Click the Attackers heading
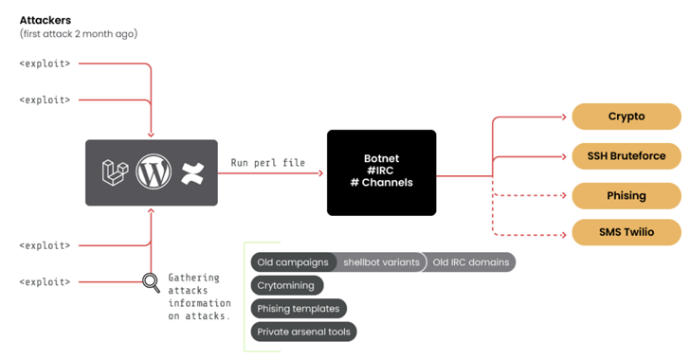point(46,18)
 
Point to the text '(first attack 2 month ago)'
point(79,34)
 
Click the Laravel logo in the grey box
point(115,172)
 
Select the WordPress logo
point(152,172)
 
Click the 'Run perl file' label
point(268,163)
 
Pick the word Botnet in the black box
point(382,158)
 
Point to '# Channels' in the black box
point(382,183)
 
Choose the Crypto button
point(626,117)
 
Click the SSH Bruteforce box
point(626,155)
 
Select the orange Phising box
point(626,195)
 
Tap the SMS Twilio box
point(626,231)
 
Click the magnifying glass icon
point(150,281)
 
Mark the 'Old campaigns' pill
point(292,262)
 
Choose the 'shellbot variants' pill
point(381,262)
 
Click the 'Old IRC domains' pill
point(470,262)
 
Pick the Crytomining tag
point(287,285)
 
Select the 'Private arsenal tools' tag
point(303,332)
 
